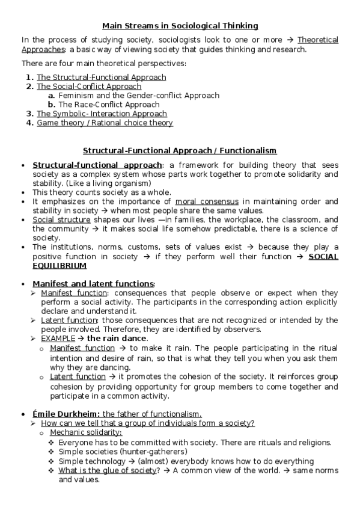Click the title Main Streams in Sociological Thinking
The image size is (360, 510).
[180, 25]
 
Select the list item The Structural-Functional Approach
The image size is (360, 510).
[101, 77]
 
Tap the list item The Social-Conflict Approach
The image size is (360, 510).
[89, 86]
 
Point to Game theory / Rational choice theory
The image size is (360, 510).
[105, 123]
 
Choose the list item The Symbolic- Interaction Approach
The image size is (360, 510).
[102, 113]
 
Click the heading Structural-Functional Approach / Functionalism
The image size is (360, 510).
[180, 150]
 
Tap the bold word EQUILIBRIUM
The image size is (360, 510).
[59, 265]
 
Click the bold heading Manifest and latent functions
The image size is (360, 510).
[93, 283]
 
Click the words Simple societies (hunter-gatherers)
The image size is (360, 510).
[123, 451]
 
